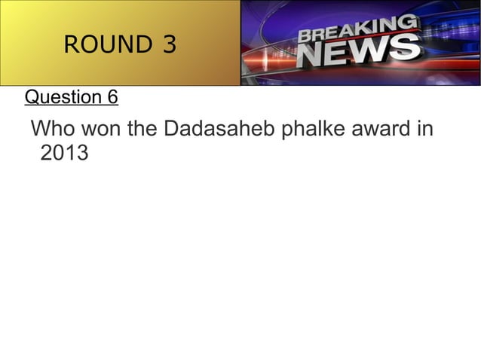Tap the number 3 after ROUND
point(168,45)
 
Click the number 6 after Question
point(112,97)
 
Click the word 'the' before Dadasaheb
point(142,130)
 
